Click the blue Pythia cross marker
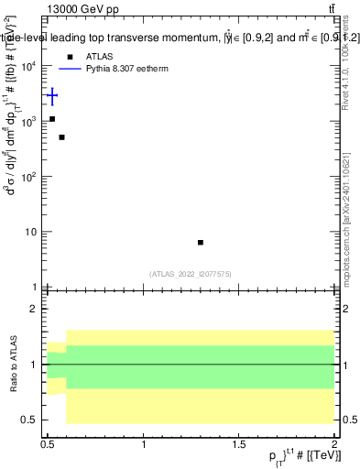click(52, 95)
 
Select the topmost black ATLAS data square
click(52, 119)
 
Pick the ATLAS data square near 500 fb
click(61, 137)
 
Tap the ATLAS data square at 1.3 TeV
click(201, 242)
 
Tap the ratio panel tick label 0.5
click(32, 420)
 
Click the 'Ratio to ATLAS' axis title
click(13, 364)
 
